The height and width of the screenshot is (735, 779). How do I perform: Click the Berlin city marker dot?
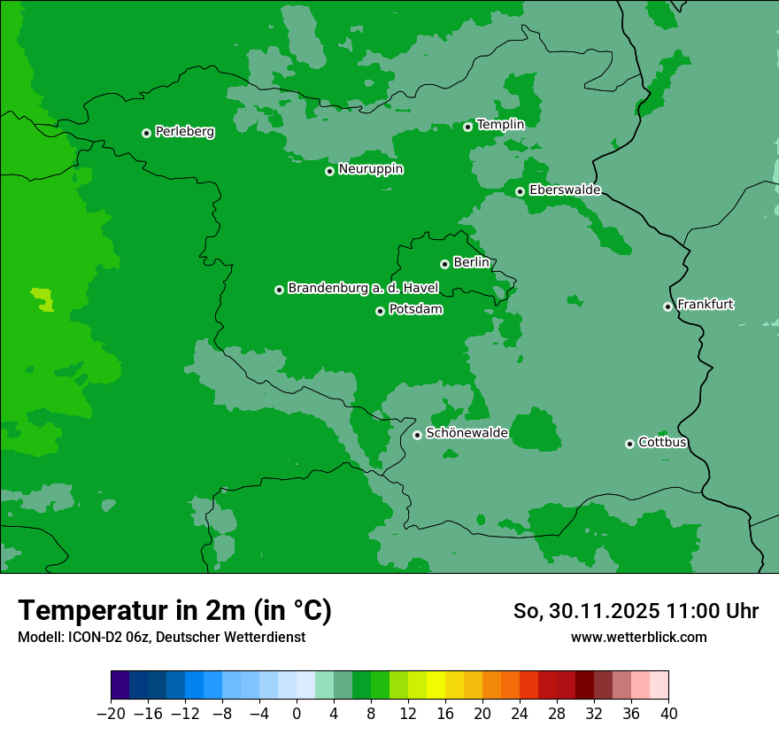tap(444, 264)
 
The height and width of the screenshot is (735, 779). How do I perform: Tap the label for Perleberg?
tap(184, 132)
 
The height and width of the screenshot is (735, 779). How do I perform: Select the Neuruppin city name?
tap(370, 169)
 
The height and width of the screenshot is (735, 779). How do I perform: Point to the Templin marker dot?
tap(467, 127)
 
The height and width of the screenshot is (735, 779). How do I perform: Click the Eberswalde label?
tap(565, 190)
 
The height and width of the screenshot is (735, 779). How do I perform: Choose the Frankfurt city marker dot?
tap(667, 306)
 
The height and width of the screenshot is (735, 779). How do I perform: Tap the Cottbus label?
tap(662, 443)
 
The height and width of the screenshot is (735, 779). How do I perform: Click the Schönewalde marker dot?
tap(417, 435)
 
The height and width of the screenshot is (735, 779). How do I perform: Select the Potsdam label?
tap(415, 310)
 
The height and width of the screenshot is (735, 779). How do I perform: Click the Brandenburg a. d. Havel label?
tap(363, 289)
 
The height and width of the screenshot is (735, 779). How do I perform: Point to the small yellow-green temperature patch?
tap(42, 298)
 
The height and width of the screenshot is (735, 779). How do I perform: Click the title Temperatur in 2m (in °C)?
tap(174, 610)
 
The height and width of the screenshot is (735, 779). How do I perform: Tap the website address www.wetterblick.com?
tap(638, 637)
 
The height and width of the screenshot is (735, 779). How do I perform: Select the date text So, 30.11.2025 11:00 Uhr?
tap(636, 611)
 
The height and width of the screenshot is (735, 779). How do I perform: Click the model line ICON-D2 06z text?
tap(161, 637)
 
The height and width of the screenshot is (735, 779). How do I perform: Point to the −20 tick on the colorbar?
tap(111, 714)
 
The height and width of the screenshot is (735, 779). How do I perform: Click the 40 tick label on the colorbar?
tap(668, 714)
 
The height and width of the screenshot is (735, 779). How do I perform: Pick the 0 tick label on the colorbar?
tap(297, 714)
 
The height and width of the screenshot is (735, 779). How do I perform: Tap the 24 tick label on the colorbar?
tap(520, 714)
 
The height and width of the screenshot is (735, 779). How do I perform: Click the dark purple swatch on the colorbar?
tap(120, 685)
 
